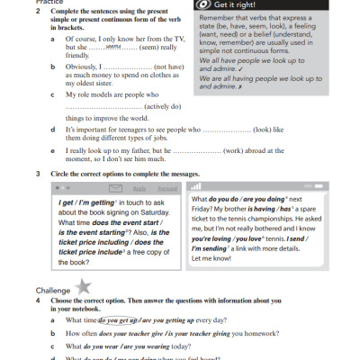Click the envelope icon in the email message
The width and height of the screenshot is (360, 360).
point(115,189)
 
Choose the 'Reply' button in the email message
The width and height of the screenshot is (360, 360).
point(139,189)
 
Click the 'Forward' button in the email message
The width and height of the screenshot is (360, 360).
point(166,189)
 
